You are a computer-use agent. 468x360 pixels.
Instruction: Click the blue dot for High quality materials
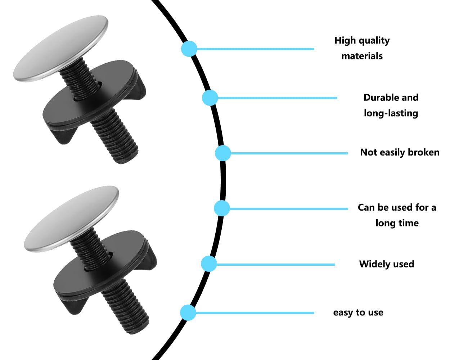click(189, 49)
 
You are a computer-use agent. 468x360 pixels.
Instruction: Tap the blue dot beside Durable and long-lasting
click(210, 98)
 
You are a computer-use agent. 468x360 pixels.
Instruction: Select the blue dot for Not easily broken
click(223, 153)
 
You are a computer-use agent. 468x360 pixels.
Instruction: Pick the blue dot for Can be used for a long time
click(222, 208)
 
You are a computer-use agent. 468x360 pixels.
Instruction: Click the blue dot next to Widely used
click(209, 264)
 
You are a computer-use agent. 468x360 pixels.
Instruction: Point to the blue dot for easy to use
click(188, 312)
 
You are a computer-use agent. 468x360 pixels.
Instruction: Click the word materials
click(362, 56)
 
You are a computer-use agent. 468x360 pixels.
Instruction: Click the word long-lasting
click(391, 113)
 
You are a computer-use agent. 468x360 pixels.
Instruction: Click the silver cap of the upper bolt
click(61, 49)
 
